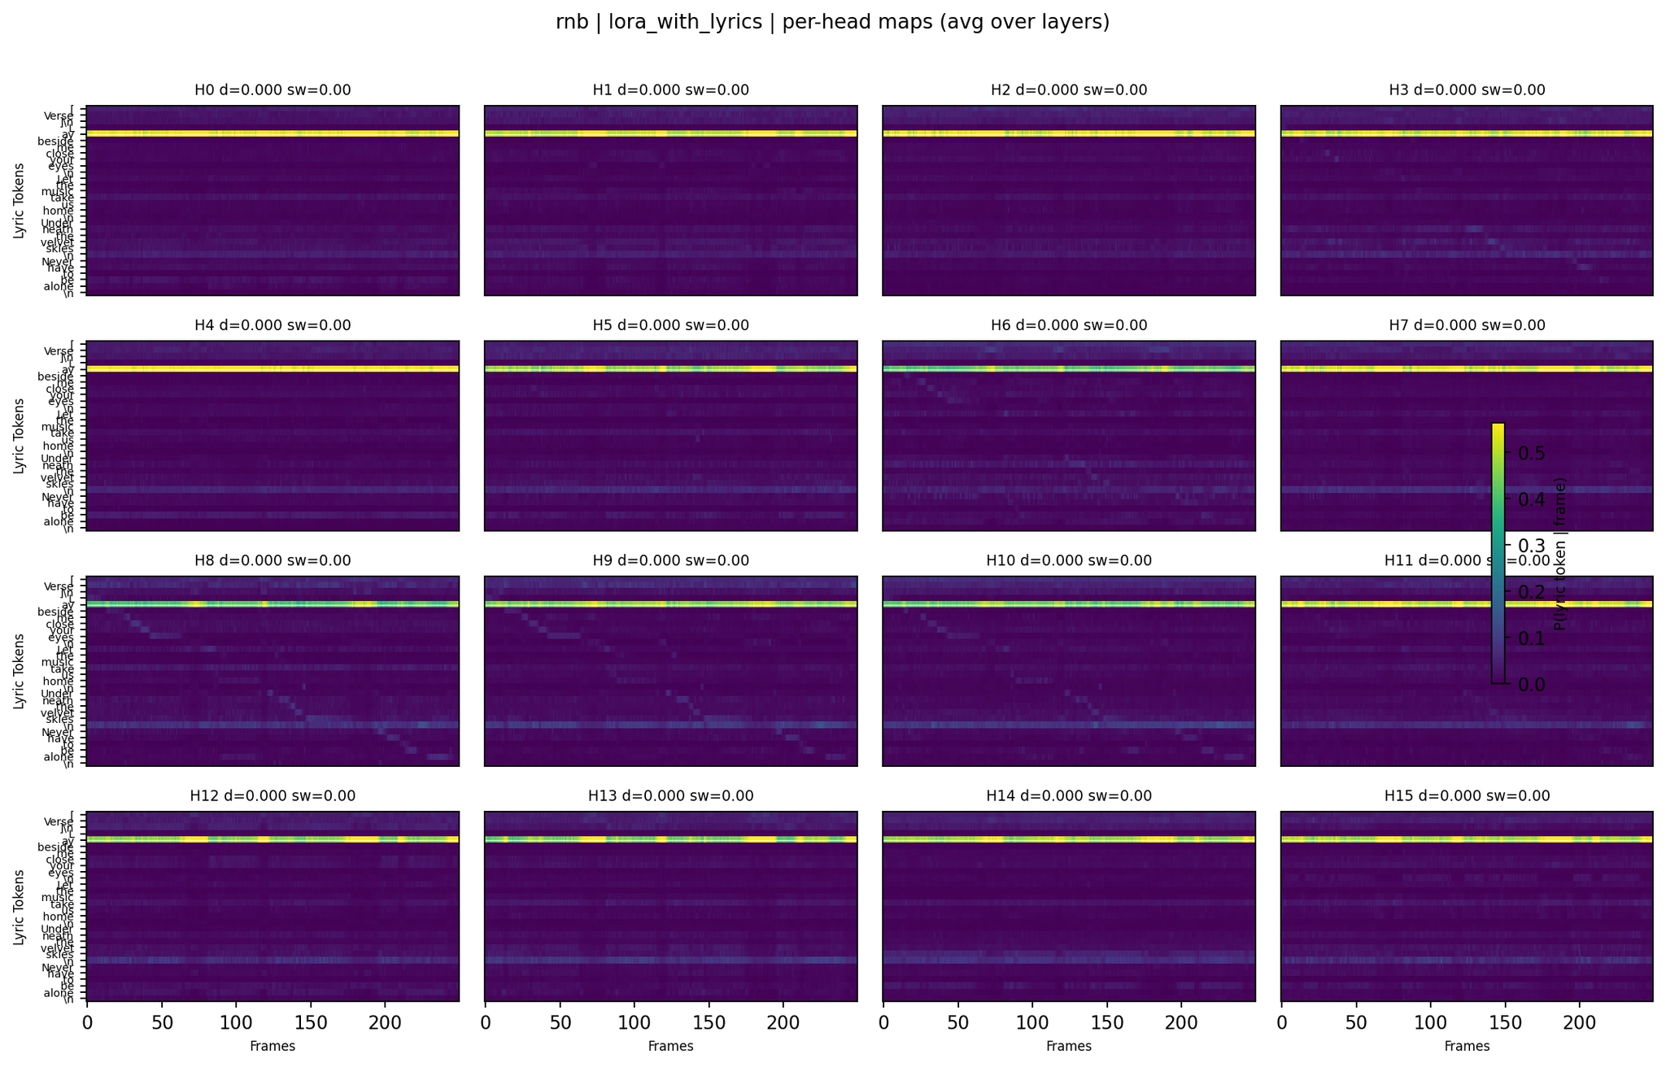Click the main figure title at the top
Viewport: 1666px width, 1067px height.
pyautogui.click(x=832, y=23)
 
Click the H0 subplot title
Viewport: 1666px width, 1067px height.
pyautogui.click(x=273, y=90)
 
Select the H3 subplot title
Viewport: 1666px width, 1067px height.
pyautogui.click(x=1467, y=90)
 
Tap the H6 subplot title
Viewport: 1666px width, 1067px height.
pyautogui.click(x=1069, y=325)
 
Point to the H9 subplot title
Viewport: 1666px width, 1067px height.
pyautogui.click(x=670, y=560)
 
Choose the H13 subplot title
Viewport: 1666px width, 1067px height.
pyautogui.click(x=670, y=795)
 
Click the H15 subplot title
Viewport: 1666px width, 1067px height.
pyautogui.click(x=1467, y=795)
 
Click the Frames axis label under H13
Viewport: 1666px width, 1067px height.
pyautogui.click(x=670, y=1047)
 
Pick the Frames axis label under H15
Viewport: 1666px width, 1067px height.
pyautogui.click(x=1467, y=1047)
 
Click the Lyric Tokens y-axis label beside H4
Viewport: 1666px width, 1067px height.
pyautogui.click(x=18, y=435)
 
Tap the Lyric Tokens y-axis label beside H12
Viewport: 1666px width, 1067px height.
pyautogui.click(x=18, y=906)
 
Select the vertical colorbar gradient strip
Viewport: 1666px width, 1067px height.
pyautogui.click(x=1498, y=553)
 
